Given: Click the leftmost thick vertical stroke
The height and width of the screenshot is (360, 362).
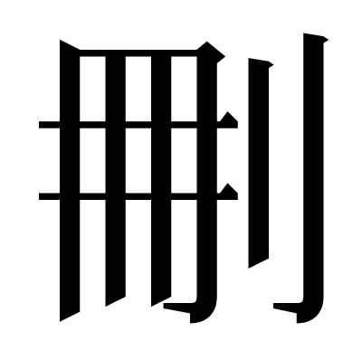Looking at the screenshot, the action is click(x=70, y=181).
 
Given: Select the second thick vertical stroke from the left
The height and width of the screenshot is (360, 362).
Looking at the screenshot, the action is click(x=116, y=181).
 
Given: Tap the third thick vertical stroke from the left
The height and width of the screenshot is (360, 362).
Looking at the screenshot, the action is click(x=161, y=181).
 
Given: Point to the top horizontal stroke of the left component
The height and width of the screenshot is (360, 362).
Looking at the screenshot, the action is click(x=138, y=52).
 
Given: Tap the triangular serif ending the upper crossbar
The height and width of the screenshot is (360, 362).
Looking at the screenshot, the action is click(x=228, y=121).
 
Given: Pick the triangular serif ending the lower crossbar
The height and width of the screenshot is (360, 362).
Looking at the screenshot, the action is click(x=228, y=193).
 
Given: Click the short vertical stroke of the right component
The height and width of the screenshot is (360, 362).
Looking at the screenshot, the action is click(x=259, y=163).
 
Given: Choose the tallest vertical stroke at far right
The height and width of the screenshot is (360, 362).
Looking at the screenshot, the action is click(x=314, y=169).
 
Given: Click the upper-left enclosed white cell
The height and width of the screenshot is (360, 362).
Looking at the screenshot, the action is click(x=92, y=89).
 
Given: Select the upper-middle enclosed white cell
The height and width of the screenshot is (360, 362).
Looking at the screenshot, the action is click(x=138, y=89).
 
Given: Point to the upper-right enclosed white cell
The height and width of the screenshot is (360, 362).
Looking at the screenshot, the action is click(x=184, y=89).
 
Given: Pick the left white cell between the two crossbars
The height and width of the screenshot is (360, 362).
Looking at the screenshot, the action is click(x=92, y=160).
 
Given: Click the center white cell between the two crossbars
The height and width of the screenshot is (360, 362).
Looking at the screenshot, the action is click(x=138, y=160).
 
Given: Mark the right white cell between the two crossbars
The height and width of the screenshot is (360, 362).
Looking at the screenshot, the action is click(x=184, y=160).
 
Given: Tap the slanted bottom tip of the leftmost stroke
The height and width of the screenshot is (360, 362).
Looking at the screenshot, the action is click(x=61, y=321).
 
